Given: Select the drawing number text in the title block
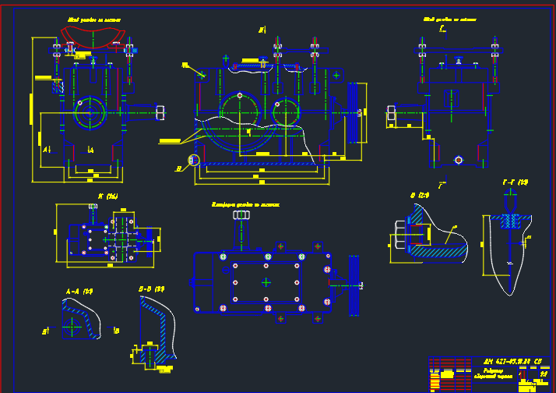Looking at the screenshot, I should coord(512,361).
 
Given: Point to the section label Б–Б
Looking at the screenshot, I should coord(151,289).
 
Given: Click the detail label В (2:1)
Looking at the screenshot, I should coord(420,194).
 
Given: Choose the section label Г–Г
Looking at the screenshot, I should coord(515,182).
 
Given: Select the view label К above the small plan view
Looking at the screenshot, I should coord(107,196).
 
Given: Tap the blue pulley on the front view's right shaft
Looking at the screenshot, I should coord(351,112).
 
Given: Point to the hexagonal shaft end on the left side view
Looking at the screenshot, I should coord(160,112).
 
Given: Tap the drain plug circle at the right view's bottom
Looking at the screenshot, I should coord(459,160).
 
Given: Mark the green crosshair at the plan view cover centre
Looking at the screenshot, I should coord(266,281).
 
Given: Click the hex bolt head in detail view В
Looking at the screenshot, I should coord(399,234).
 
